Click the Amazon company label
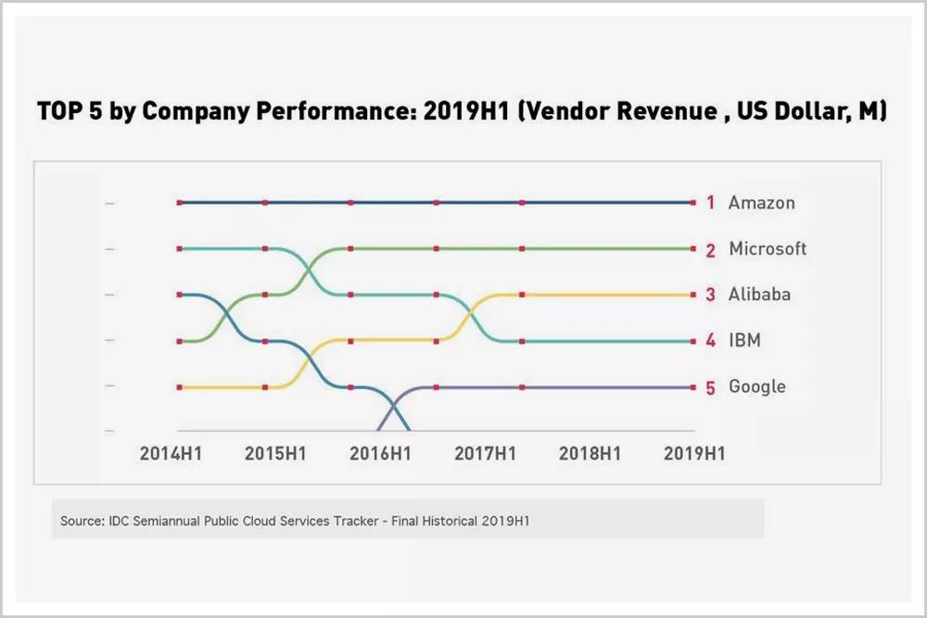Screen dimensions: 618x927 click(x=761, y=202)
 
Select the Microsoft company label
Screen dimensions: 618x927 click(x=768, y=248)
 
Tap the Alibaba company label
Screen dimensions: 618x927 click(x=759, y=295)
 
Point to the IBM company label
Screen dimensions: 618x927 click(x=744, y=340)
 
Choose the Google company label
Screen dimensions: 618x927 click(x=756, y=386)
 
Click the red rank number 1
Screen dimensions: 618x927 click(x=710, y=203)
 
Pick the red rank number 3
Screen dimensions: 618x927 click(x=710, y=296)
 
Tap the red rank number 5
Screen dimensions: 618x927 click(x=710, y=388)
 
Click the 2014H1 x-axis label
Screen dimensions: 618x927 click(x=171, y=454)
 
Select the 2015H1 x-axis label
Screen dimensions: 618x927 click(x=275, y=454)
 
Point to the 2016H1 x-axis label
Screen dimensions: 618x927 click(x=380, y=454)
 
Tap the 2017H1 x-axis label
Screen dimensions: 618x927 click(x=485, y=454)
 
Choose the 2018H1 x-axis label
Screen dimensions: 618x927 click(x=590, y=454)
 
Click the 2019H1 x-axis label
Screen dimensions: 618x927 click(x=694, y=454)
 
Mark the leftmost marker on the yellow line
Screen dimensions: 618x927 click(x=180, y=386)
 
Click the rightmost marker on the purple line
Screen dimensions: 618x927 click(x=692, y=386)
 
